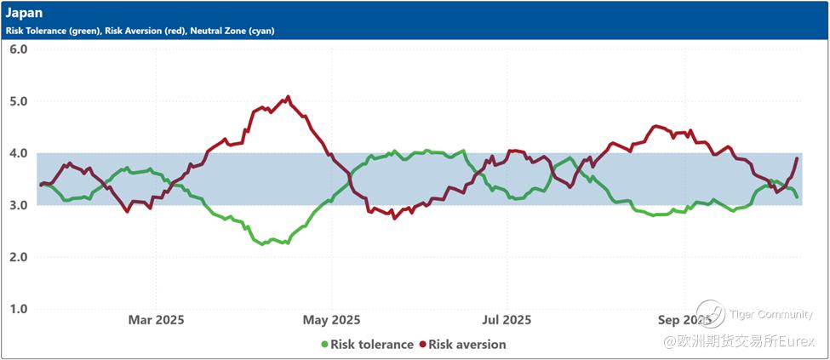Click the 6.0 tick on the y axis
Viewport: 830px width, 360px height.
[x=18, y=49]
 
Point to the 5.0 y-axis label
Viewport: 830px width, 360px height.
[x=18, y=101]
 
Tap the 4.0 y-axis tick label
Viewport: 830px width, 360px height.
[x=18, y=153]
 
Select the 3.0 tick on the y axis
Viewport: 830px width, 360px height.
[x=18, y=205]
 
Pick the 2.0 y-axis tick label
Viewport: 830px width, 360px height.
[x=18, y=257]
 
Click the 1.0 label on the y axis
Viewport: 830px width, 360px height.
[x=18, y=309]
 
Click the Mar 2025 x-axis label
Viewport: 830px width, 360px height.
[x=156, y=320]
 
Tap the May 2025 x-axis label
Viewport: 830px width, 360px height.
[x=332, y=320]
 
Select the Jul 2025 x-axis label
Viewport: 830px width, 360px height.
[x=507, y=320]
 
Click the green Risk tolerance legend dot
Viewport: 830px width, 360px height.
[x=324, y=345]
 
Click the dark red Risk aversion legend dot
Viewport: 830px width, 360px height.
[x=421, y=345]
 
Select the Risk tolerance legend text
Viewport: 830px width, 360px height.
[x=372, y=345]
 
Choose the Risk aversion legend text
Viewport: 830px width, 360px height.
[x=467, y=345]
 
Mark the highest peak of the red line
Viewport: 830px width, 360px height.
[x=288, y=97]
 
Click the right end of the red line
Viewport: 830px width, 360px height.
[x=797, y=158]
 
